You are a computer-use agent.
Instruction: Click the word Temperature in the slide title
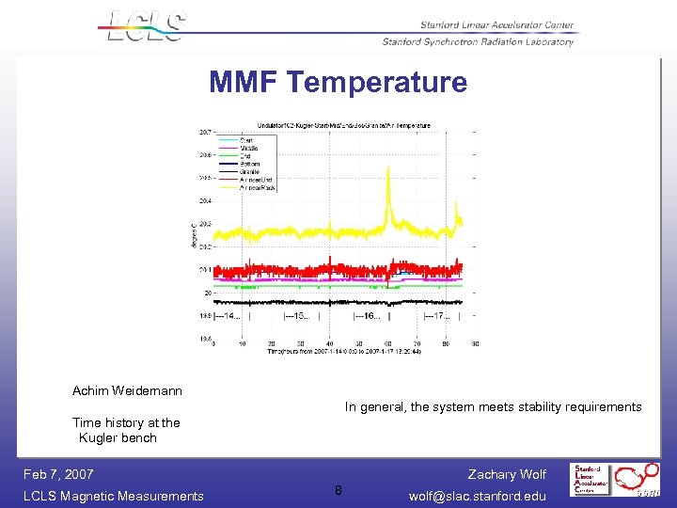pos(377,83)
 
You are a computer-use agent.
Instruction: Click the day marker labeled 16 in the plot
pos(368,316)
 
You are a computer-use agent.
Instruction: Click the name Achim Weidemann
pos(127,390)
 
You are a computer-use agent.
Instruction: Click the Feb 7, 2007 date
pos(58,474)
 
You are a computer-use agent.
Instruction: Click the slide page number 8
pos(338,490)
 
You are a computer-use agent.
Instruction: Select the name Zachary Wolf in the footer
pos(506,474)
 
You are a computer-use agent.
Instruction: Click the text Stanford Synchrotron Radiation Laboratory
pos(478,41)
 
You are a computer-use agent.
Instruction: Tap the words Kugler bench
pos(118,437)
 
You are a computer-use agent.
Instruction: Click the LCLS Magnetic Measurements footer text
pos(113,496)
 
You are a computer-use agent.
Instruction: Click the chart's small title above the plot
pos(344,125)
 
